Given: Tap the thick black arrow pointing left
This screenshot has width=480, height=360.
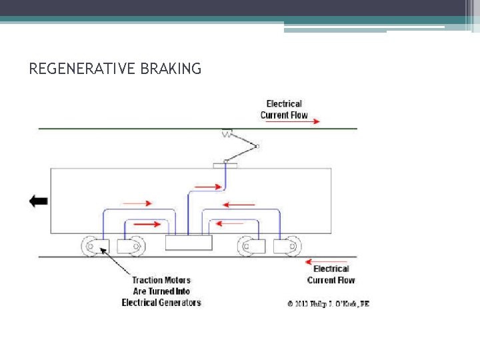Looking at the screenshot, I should coord(39,201).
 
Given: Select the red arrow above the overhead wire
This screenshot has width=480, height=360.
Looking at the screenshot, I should coord(306,121).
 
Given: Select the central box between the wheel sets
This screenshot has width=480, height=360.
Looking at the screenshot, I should coord(189,243).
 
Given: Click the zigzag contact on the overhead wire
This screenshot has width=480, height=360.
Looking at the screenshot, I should coord(227,133).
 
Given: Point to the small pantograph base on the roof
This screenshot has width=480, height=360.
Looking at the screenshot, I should coord(221,164).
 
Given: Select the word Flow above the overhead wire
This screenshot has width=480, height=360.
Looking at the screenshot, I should coord(299,115).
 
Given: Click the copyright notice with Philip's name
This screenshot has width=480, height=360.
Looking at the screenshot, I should coord(328,304).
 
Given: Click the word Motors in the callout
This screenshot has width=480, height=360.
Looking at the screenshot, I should coord(177,281).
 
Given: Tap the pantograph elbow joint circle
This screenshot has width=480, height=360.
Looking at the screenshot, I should coord(257,146).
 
